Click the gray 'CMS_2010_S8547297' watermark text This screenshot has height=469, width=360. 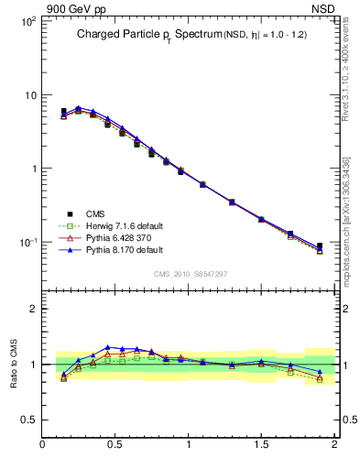click(190, 273)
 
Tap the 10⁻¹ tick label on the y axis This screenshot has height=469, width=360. click(27, 243)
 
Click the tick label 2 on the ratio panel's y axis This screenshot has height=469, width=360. click(33, 309)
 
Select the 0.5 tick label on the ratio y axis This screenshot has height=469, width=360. click(29, 420)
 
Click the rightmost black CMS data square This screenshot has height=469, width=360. click(320, 245)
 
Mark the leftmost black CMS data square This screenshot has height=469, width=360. click(63, 112)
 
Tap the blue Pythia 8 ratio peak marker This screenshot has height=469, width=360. click(108, 347)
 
